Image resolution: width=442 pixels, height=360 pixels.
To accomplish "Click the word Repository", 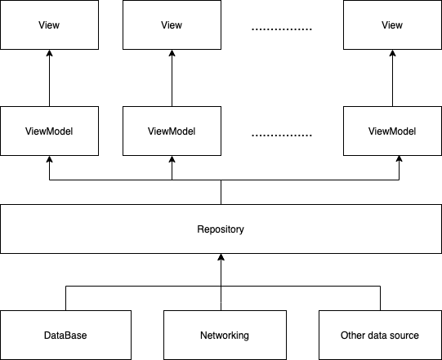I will pyautogui.click(x=221, y=229).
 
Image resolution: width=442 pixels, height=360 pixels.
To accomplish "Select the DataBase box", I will pyautogui.click(x=65, y=335).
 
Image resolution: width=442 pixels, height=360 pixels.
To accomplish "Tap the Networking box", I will pyautogui.click(x=225, y=335).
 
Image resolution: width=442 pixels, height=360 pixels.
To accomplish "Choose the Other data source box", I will pyautogui.click(x=380, y=335).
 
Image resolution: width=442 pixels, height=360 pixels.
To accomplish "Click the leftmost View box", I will pyautogui.click(x=49, y=24).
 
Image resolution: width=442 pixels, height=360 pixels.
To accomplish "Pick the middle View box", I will pyautogui.click(x=172, y=24).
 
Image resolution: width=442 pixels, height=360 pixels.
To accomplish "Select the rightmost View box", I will pyautogui.click(x=392, y=24).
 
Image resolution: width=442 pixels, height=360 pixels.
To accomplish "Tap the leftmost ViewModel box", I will pyautogui.click(x=49, y=131).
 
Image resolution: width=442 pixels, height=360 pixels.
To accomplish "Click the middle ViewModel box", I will pyautogui.click(x=172, y=131).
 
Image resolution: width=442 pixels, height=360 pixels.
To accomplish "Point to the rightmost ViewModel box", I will pyautogui.click(x=392, y=131).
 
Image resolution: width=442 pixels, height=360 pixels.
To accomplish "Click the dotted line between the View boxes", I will pyautogui.click(x=282, y=29).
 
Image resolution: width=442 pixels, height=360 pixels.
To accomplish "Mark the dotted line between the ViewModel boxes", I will pyautogui.click(x=282, y=136).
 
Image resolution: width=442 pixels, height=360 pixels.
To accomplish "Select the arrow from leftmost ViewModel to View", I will pyautogui.click(x=49, y=78).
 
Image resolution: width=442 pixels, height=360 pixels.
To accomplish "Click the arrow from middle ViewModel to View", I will pyautogui.click(x=172, y=78).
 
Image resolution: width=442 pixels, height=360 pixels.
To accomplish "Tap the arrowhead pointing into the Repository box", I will pyautogui.click(x=221, y=258).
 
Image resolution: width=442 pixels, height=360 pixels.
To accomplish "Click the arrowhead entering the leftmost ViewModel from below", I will pyautogui.click(x=49, y=160).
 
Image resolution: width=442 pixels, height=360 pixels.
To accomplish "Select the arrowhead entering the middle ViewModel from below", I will pyautogui.click(x=172, y=160).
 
